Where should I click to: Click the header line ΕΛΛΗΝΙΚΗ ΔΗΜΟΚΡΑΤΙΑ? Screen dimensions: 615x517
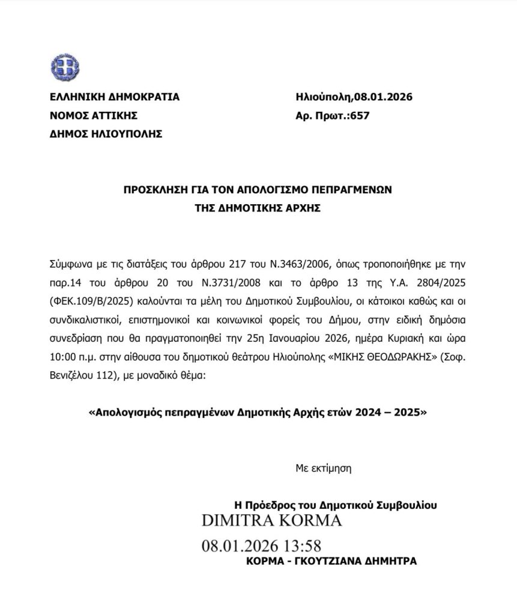(114, 97)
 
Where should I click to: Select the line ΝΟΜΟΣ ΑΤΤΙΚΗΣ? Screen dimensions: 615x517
(94, 116)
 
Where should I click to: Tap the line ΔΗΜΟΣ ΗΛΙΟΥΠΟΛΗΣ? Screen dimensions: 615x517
(106, 135)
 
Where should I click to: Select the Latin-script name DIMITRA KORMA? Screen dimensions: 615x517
(272, 521)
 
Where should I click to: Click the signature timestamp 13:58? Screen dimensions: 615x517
(300, 547)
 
